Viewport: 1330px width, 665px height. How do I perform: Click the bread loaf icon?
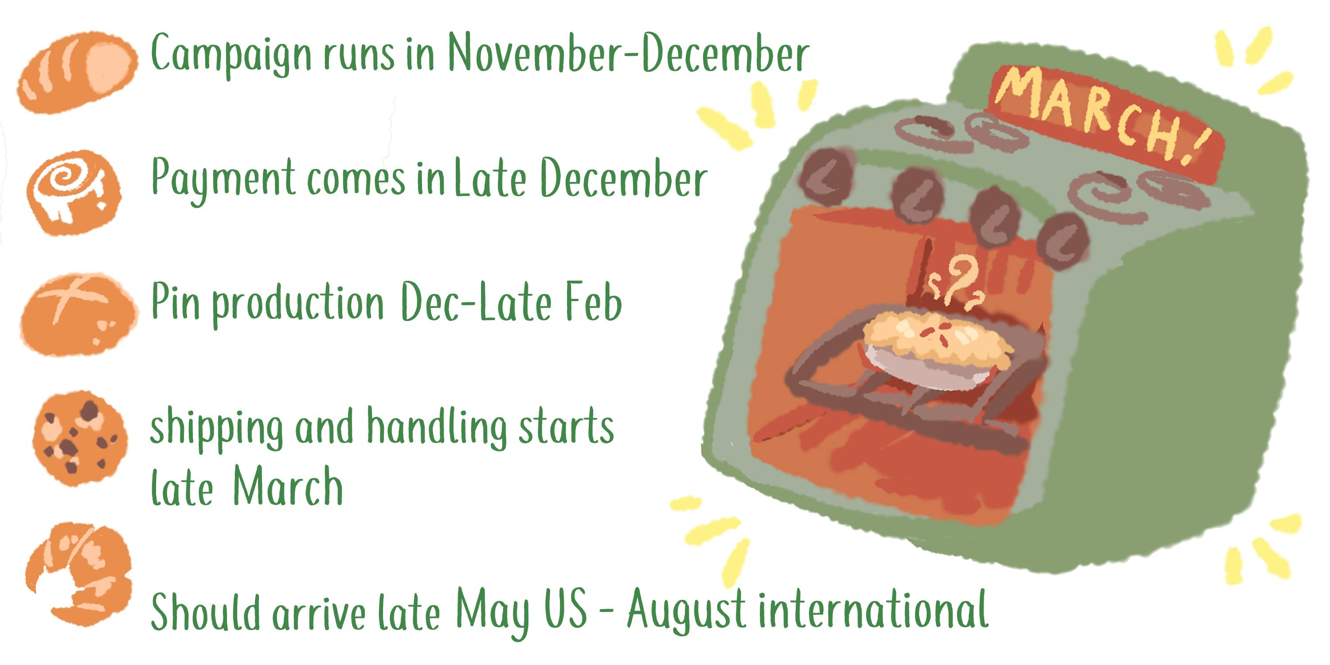(x=78, y=72)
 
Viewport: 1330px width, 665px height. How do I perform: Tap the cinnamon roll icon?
(x=74, y=192)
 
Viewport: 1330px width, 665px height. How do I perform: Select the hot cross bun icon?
(x=78, y=314)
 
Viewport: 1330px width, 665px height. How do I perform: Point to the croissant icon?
(x=78, y=573)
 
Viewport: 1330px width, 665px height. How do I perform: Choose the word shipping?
(x=216, y=430)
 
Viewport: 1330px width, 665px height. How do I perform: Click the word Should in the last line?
(x=206, y=611)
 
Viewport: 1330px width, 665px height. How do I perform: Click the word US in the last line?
(x=565, y=609)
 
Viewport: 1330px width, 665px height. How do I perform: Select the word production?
(x=298, y=305)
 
